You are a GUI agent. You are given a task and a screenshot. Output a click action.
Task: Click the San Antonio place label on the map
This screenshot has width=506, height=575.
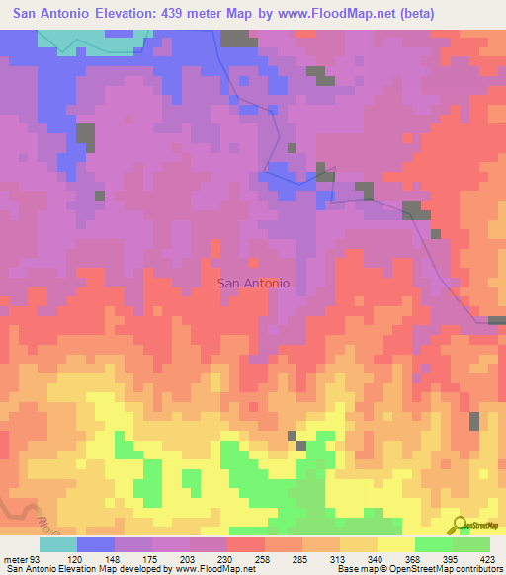(253, 283)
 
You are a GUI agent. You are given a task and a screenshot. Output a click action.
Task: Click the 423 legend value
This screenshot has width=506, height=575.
(487, 558)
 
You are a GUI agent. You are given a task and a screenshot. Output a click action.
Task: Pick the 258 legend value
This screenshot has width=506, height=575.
(262, 558)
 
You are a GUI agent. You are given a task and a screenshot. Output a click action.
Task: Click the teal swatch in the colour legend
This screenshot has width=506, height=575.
(58, 544)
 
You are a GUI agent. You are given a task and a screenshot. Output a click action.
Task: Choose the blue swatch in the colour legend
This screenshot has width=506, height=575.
(96, 544)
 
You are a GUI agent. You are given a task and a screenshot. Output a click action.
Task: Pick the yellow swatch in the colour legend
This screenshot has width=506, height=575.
(396, 544)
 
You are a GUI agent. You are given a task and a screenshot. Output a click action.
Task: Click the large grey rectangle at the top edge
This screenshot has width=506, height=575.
(235, 39)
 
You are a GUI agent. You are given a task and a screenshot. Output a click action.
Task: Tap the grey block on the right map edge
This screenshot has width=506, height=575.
(497, 320)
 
